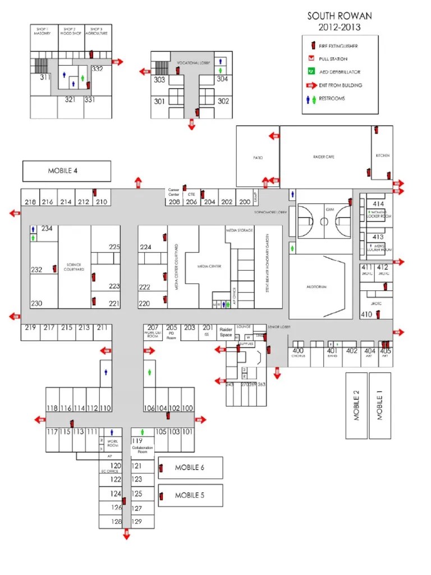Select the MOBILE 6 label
click(x=190, y=467)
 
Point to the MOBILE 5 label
click(x=190, y=495)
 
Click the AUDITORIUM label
click(x=317, y=286)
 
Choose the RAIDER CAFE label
click(x=323, y=157)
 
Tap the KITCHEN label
click(x=383, y=156)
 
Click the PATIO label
click(x=258, y=158)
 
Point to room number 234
click(x=47, y=229)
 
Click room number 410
click(x=367, y=314)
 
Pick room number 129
click(x=137, y=522)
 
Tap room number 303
click(x=159, y=80)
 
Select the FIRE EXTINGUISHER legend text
click(x=338, y=46)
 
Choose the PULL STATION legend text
click(x=333, y=59)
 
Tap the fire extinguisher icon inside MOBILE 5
click(x=162, y=496)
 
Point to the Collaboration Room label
click(x=142, y=450)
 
